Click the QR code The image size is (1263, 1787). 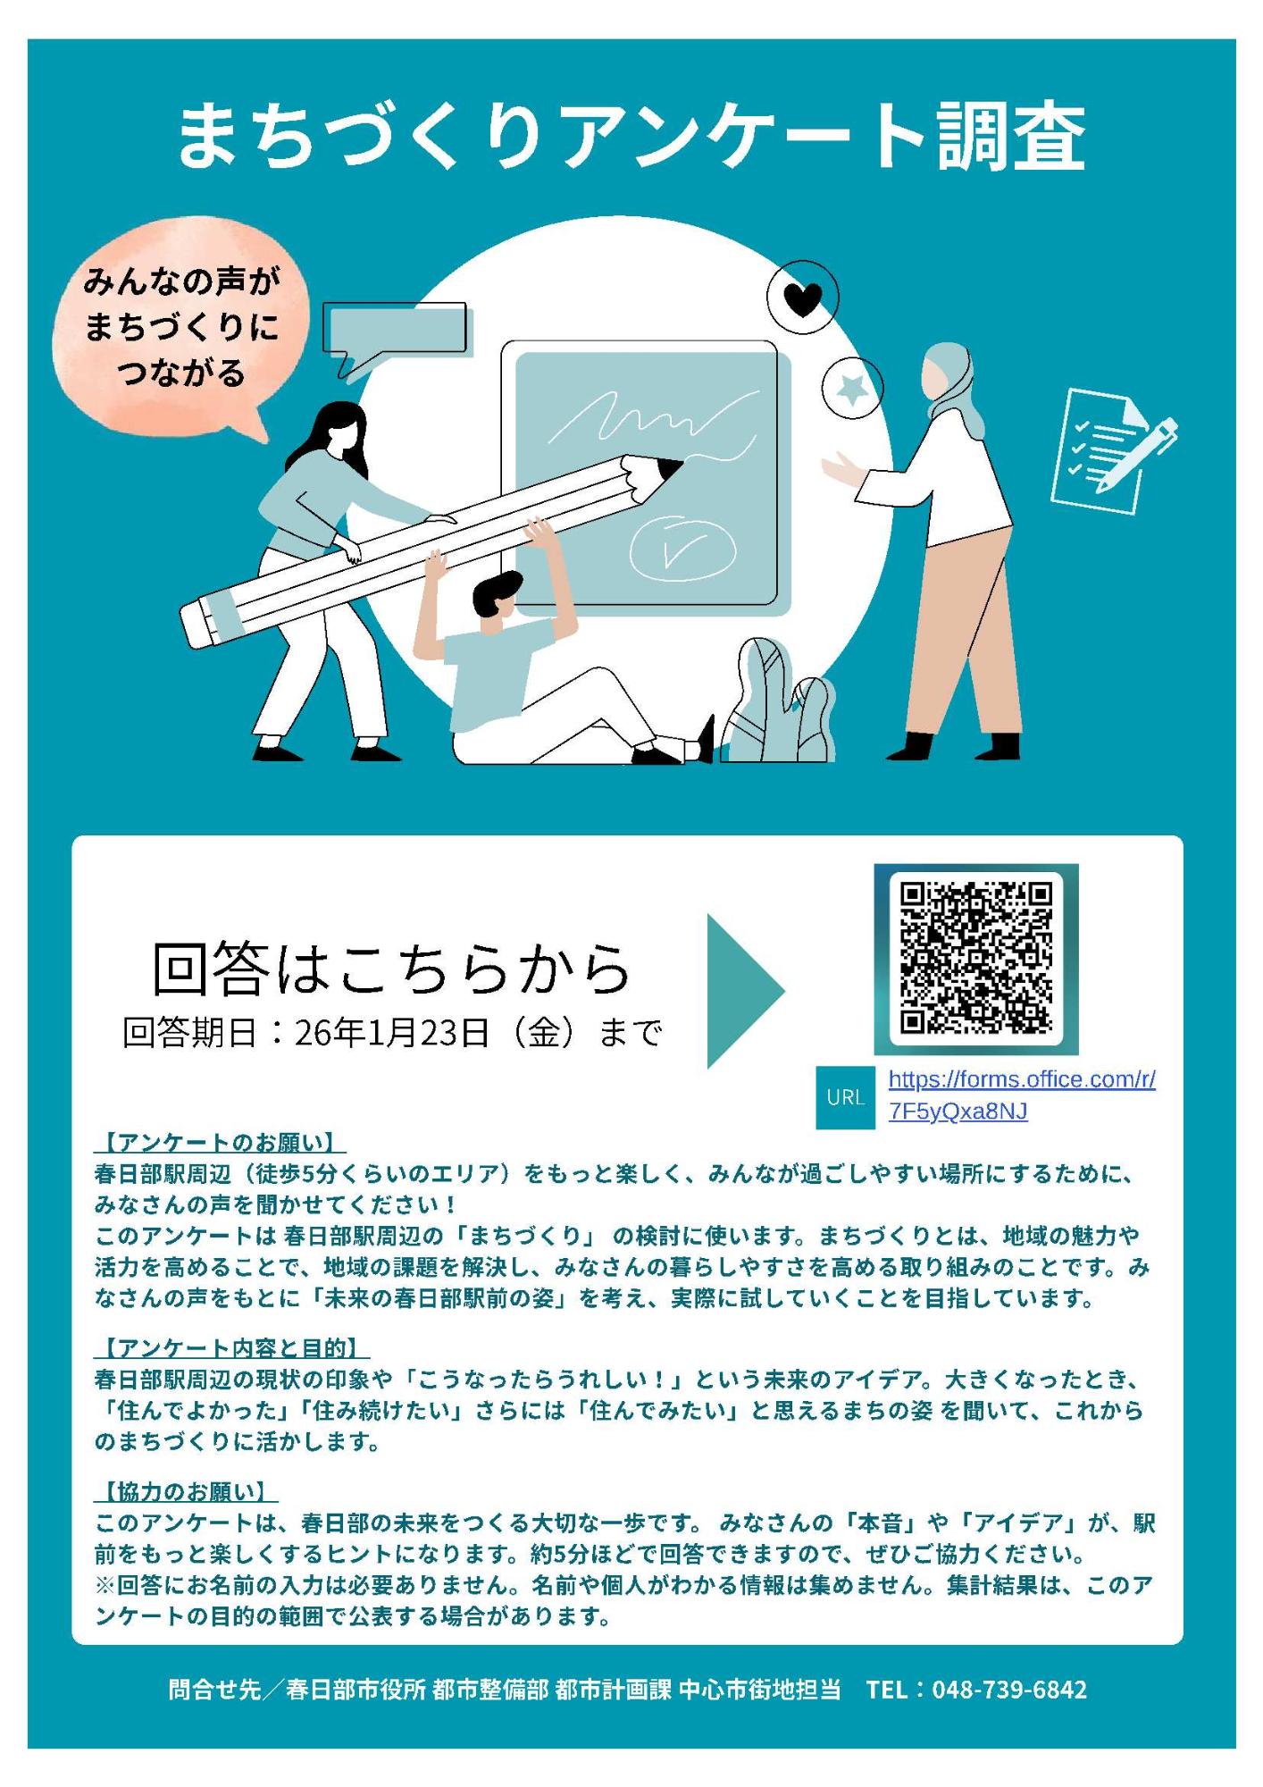(975, 958)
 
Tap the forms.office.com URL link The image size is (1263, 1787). (1021, 1095)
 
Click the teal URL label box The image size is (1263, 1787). (845, 1097)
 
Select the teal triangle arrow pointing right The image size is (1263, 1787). (740, 990)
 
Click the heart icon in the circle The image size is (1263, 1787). (802, 298)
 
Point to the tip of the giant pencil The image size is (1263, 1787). (672, 466)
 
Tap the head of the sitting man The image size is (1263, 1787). (496, 597)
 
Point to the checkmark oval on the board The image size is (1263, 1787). (682, 548)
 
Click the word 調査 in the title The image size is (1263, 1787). (1011, 136)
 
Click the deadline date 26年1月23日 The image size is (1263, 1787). (391, 1033)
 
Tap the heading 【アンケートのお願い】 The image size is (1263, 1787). (220, 1143)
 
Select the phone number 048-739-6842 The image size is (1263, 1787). (1009, 1690)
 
